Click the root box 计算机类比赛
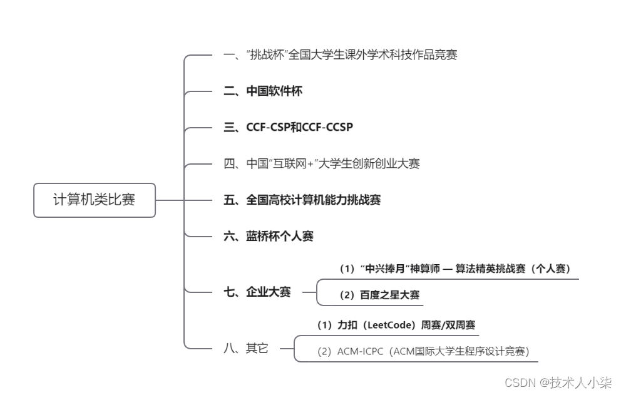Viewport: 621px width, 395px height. pyautogui.click(x=94, y=200)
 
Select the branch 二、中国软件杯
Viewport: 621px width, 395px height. pyautogui.click(x=262, y=91)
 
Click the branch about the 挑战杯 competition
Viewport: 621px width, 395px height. pyautogui.click(x=340, y=55)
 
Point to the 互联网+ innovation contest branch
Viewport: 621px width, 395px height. pyautogui.click(x=321, y=164)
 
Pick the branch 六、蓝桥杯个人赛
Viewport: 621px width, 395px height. pyautogui.click(x=268, y=237)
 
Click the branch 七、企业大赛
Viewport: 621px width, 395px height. pyautogui.click(x=257, y=292)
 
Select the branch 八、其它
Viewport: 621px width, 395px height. pyautogui.click(x=245, y=349)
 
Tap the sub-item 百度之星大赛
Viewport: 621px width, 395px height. pyautogui.click(x=379, y=295)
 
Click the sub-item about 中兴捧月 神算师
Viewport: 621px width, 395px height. pyautogui.click(x=454, y=269)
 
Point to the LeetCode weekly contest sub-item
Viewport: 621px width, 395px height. pyautogui.click(x=396, y=325)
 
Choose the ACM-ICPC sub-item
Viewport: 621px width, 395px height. pyautogui.click(x=423, y=352)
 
